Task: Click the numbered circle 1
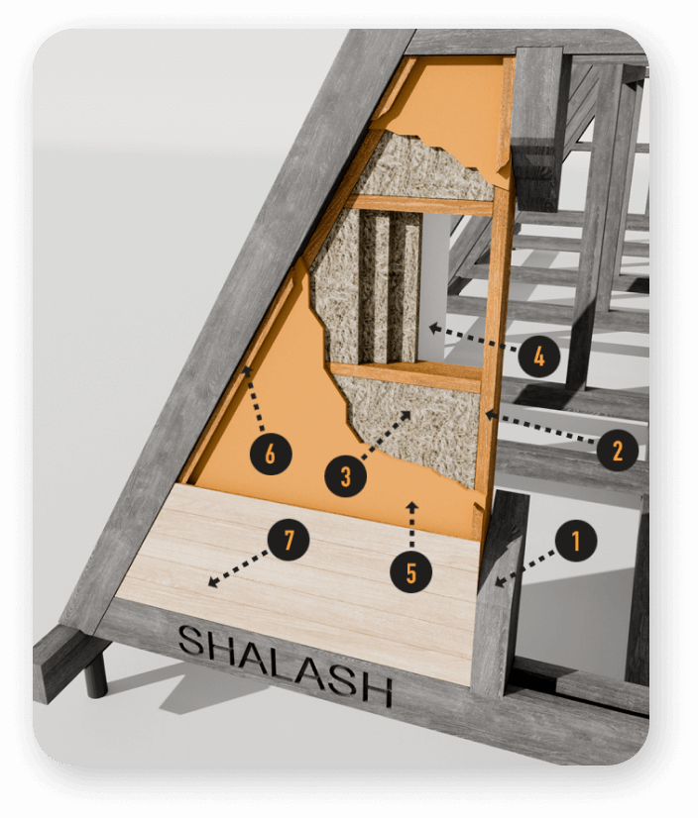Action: coord(576,541)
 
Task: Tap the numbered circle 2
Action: coord(618,451)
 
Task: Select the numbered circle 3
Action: coord(345,475)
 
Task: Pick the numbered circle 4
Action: coord(539,358)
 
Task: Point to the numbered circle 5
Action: coord(411,572)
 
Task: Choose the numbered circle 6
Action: coord(270,454)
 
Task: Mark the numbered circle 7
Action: coord(289,540)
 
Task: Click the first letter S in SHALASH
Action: coord(191,641)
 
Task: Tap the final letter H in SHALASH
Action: coord(376,689)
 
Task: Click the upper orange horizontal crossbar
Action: coord(421,204)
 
